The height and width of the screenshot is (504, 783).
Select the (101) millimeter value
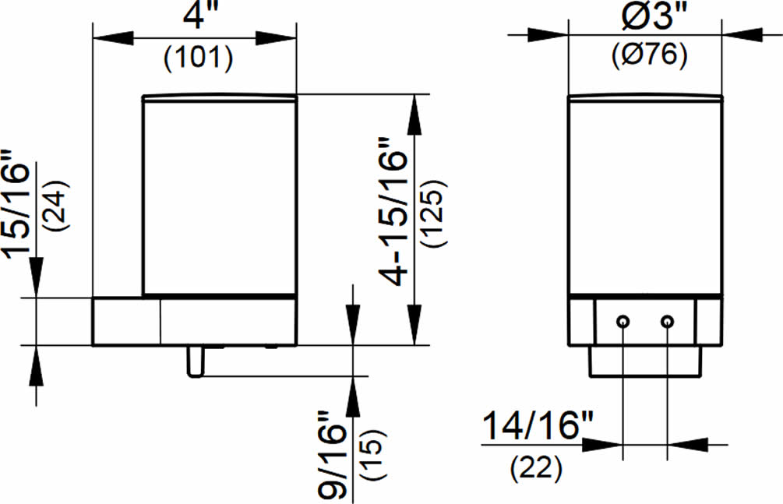[x=199, y=58]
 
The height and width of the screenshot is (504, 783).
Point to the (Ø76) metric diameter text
[x=650, y=55]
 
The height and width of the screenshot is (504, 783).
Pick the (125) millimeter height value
[x=432, y=213]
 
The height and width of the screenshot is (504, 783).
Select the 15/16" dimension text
[x=16, y=205]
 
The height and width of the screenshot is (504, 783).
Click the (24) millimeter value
[x=56, y=205]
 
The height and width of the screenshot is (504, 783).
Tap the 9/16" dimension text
[x=332, y=455]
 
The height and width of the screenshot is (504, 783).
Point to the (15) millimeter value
[x=373, y=455]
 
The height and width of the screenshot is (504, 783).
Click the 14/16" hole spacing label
[x=538, y=425]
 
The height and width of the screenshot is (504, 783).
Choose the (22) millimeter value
[x=536, y=469]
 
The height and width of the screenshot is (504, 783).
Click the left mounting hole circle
[x=623, y=321]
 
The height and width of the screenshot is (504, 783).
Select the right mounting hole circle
[x=667, y=321]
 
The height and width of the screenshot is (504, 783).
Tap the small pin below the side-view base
[x=195, y=361]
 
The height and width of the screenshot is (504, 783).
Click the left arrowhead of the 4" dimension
[x=113, y=37]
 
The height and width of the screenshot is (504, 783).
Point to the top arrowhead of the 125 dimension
[x=414, y=115]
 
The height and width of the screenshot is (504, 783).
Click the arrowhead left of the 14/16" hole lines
[x=603, y=444]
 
